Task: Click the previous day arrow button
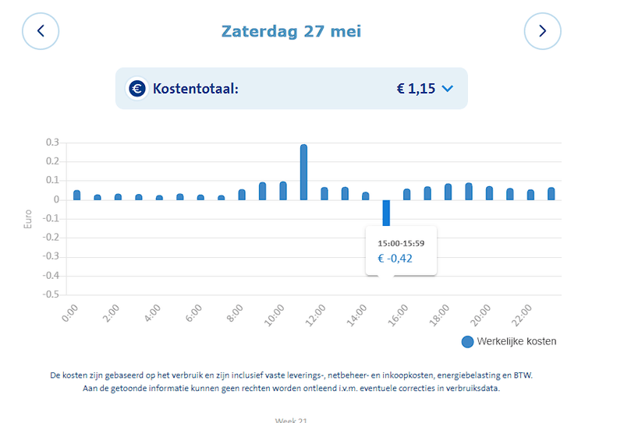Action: tap(41, 31)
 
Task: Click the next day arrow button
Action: tap(542, 31)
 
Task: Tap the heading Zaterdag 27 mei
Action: tap(291, 31)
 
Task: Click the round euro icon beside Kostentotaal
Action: tap(137, 89)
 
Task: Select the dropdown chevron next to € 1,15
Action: tap(447, 89)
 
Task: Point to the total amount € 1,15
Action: tap(416, 89)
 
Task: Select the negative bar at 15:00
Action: tap(385, 214)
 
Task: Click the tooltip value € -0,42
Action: tap(395, 258)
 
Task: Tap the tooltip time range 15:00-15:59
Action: tap(401, 243)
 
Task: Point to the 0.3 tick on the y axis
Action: tap(52, 143)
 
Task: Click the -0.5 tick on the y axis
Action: tap(51, 295)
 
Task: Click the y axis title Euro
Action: tap(29, 219)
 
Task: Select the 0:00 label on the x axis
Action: tap(70, 314)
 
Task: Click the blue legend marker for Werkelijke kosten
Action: tap(467, 341)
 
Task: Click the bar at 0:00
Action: tap(76, 195)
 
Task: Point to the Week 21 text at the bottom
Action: tap(291, 420)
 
